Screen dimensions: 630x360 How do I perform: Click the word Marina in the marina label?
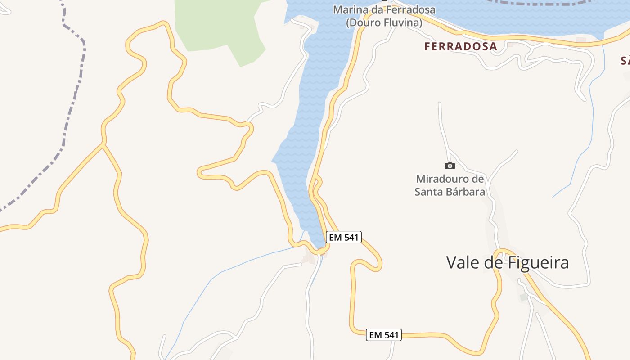348,9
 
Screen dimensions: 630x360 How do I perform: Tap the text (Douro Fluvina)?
384,22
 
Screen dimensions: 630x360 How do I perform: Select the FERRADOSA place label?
460,46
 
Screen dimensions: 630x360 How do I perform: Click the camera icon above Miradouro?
450,166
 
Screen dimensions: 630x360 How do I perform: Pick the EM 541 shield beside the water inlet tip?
343,237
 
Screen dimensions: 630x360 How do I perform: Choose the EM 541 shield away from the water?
383,335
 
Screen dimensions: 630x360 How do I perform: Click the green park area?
216,27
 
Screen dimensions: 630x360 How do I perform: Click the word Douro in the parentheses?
364,22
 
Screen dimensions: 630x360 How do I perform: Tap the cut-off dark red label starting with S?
625,61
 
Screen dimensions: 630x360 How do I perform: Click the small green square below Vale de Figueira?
523,297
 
